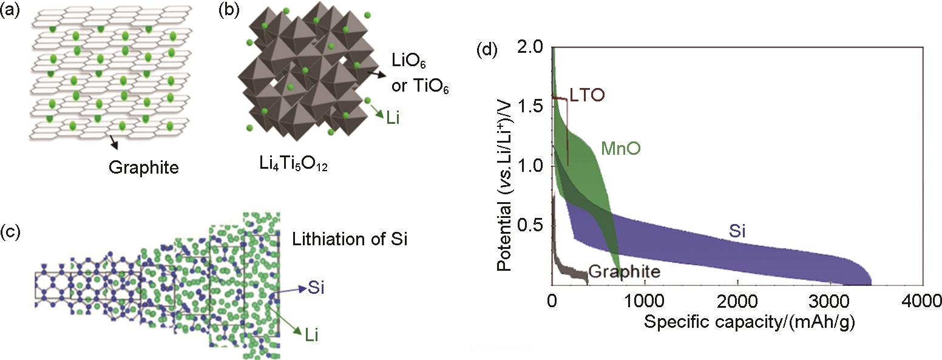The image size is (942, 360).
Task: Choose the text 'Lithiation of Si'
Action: tap(348, 238)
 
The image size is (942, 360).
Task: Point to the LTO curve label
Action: tap(587, 96)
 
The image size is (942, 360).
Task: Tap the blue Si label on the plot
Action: tap(736, 231)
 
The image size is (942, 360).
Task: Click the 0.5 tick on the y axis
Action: tap(533, 225)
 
